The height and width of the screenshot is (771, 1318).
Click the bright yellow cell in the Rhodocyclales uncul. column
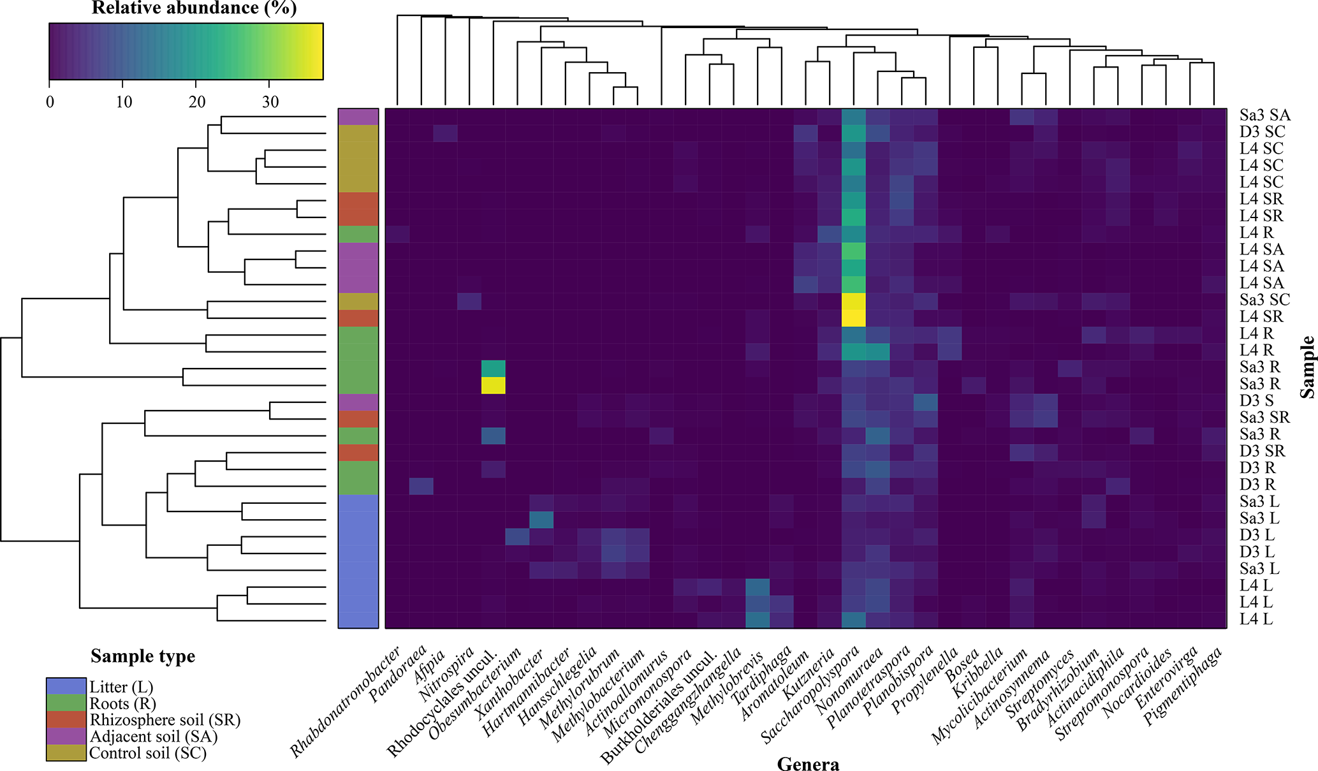(493, 385)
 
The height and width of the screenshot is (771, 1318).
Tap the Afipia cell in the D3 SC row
(445, 133)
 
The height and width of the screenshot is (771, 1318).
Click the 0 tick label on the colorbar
(50, 102)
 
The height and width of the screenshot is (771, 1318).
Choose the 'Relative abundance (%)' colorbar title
(194, 8)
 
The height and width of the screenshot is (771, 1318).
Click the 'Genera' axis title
(808, 763)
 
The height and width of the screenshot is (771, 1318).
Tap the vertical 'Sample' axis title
(1307, 367)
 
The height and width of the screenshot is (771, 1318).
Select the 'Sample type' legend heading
(143, 656)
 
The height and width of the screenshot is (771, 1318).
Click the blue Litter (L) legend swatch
(66, 686)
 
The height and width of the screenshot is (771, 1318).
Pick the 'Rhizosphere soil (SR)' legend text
(165, 720)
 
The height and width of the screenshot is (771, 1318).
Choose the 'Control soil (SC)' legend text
(148, 753)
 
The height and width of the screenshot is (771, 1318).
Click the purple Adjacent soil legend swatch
(66, 737)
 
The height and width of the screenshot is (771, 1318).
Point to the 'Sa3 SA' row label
(1264, 115)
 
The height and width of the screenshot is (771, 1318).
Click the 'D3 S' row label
(1256, 401)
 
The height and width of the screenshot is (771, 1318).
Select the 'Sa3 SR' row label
(1264, 418)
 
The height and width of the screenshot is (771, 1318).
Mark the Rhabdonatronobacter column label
(346, 701)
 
